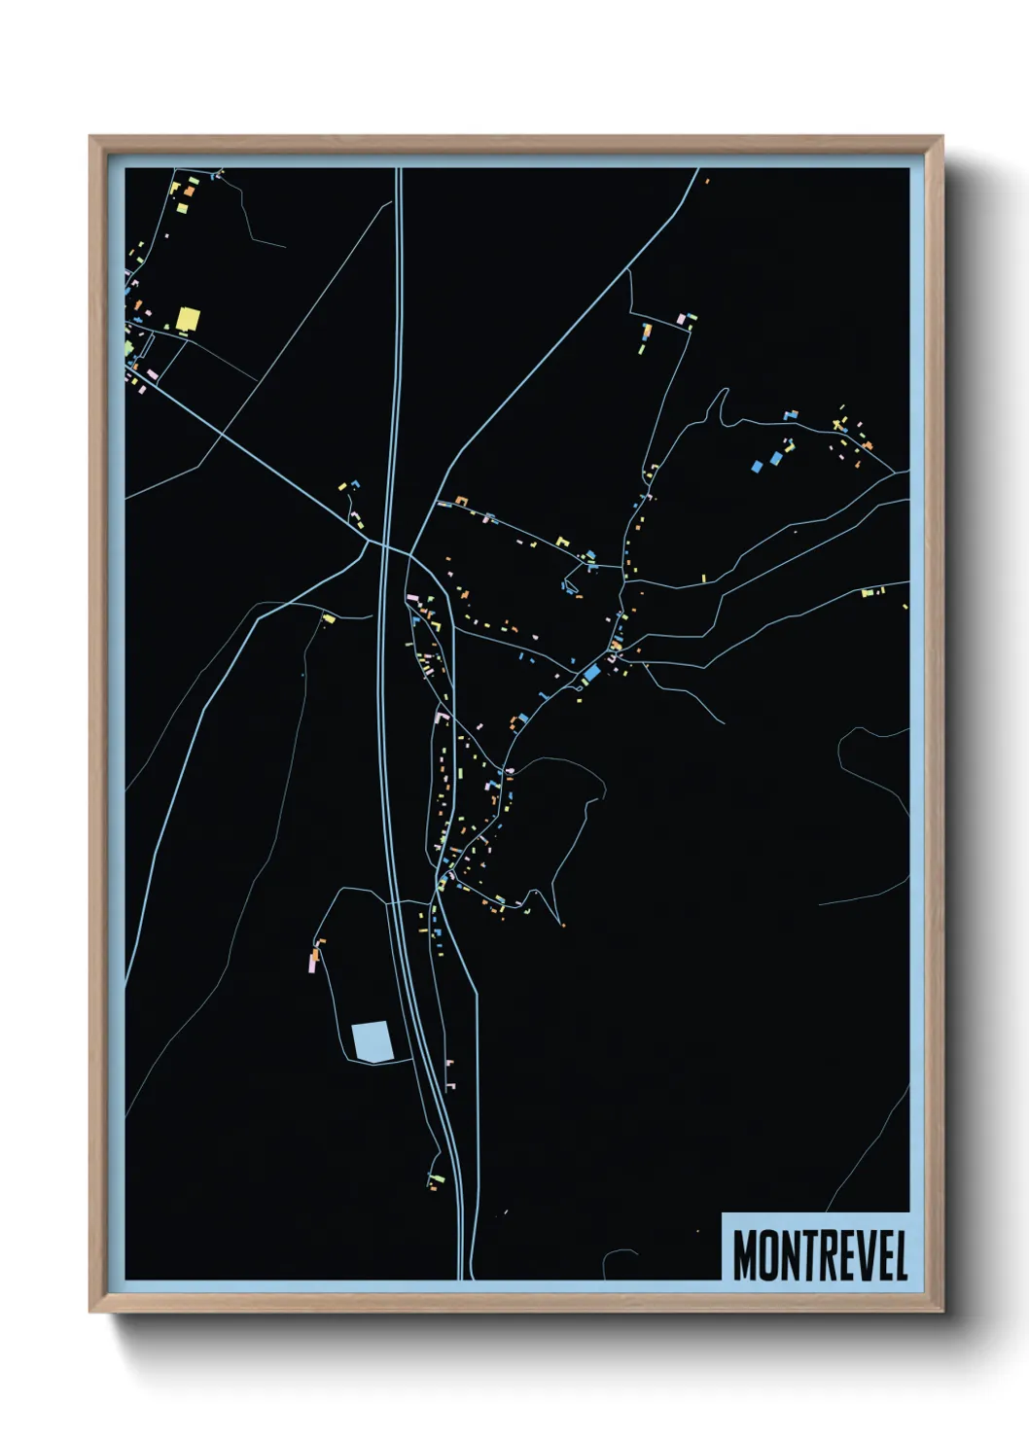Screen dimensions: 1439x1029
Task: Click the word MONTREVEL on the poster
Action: [x=820, y=1255]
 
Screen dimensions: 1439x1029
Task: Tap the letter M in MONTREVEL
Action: [x=745, y=1255]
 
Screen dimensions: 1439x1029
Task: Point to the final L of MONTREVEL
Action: [x=900, y=1255]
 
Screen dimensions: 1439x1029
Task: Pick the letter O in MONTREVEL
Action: [x=769, y=1255]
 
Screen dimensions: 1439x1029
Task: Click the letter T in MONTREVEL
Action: [x=806, y=1255]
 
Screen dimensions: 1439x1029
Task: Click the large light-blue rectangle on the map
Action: [x=372, y=1041]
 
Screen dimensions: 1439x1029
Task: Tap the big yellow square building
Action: [x=187, y=320]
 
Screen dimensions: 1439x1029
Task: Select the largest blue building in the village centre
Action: [x=591, y=672]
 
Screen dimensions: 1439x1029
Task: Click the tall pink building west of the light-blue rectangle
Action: [x=313, y=962]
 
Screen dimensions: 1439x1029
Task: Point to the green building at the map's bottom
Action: [x=437, y=1179]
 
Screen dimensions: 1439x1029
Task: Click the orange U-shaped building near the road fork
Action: [x=461, y=502]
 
